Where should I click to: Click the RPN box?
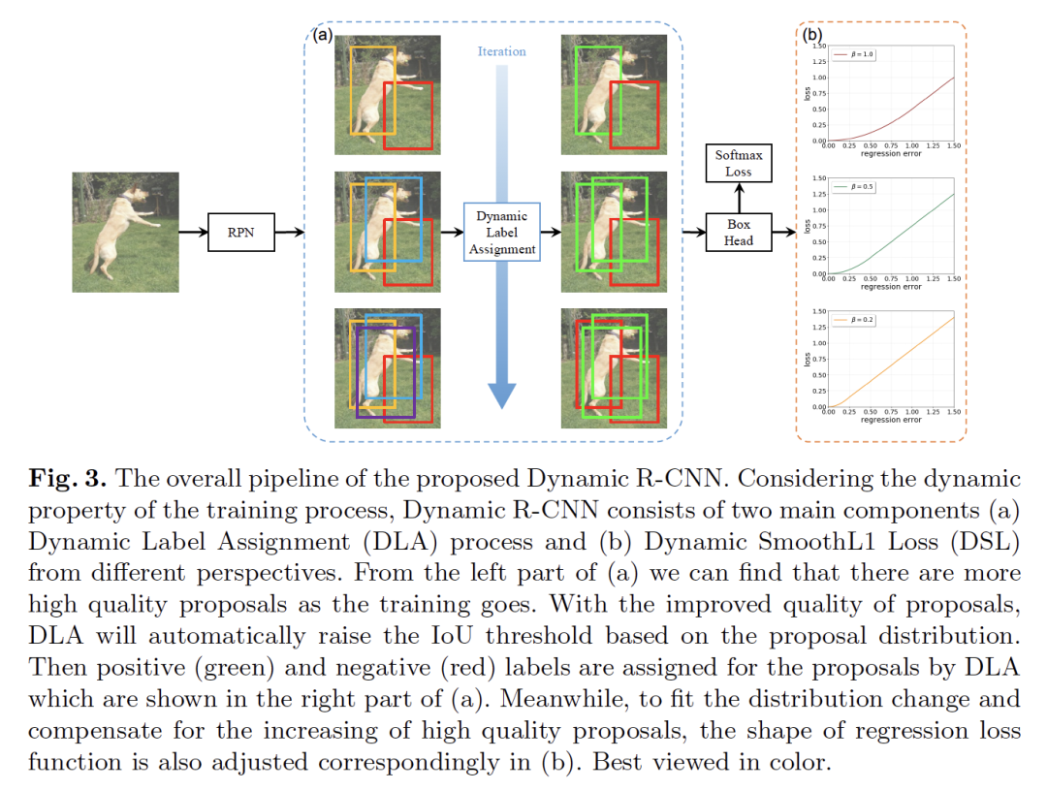coord(241,233)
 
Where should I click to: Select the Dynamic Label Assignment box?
coord(501,233)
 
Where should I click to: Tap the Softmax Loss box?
coord(739,164)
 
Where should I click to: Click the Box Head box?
coord(739,233)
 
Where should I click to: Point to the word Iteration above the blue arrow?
coord(501,51)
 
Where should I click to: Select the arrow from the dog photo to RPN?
coord(194,233)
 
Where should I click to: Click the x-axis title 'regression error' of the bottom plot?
coord(891,420)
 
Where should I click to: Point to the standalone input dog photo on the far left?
coord(125,232)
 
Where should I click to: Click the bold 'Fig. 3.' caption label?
coord(59,479)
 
